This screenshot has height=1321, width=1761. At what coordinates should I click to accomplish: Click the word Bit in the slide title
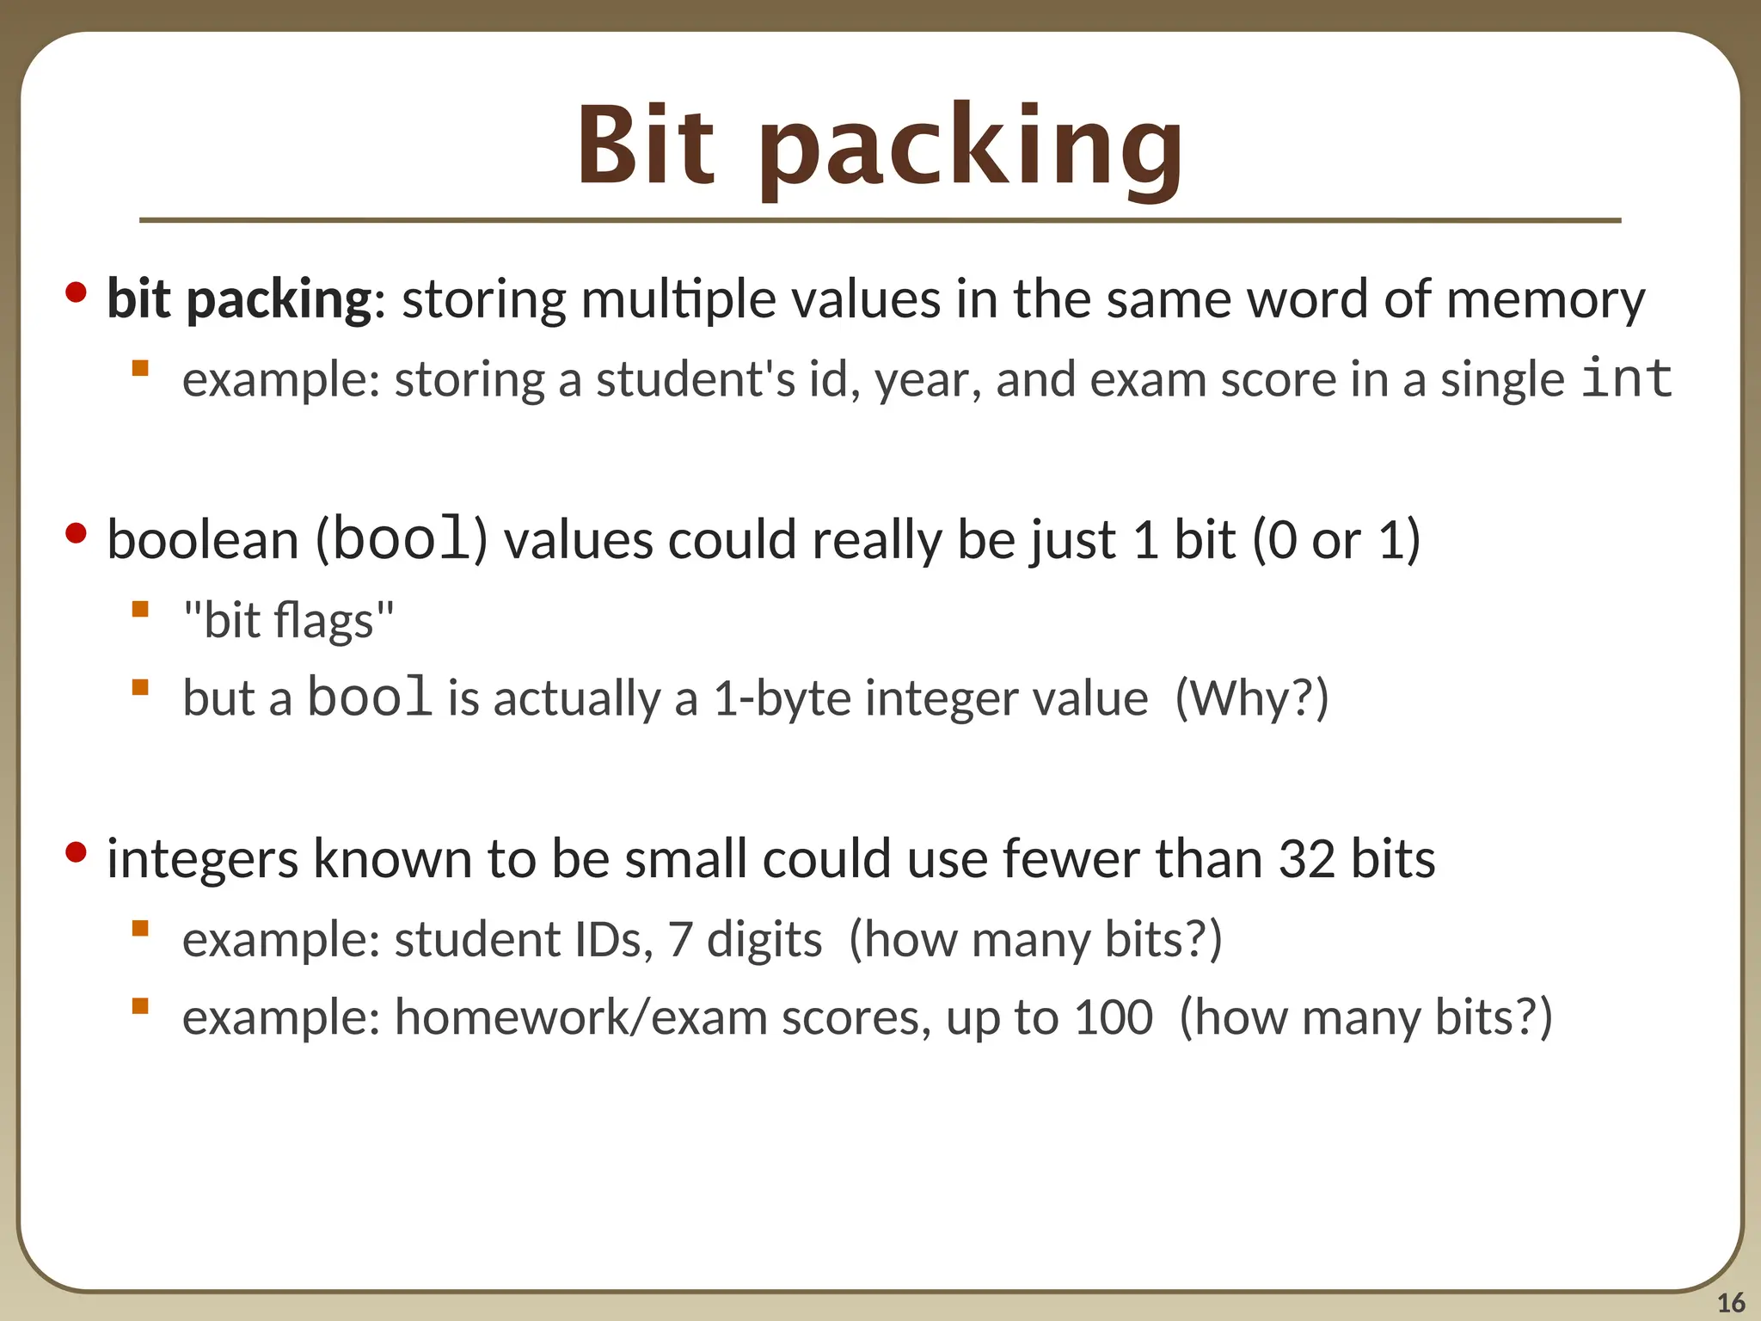tap(645, 146)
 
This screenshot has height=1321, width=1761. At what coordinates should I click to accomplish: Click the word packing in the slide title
tap(972, 151)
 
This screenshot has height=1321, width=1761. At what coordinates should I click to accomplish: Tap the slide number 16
tap(1731, 1302)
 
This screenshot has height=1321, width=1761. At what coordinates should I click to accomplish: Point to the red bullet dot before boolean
tap(76, 534)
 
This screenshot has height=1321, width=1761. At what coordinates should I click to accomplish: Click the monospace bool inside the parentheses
tap(402, 539)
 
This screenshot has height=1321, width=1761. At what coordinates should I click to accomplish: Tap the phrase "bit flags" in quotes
tap(289, 620)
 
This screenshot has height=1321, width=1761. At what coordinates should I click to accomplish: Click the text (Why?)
tap(1252, 697)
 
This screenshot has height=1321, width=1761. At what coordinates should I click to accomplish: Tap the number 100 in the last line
tap(1114, 1017)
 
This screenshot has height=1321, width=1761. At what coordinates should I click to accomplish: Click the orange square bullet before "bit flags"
tap(140, 610)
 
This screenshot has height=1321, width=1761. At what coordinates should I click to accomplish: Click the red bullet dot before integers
tap(76, 852)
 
